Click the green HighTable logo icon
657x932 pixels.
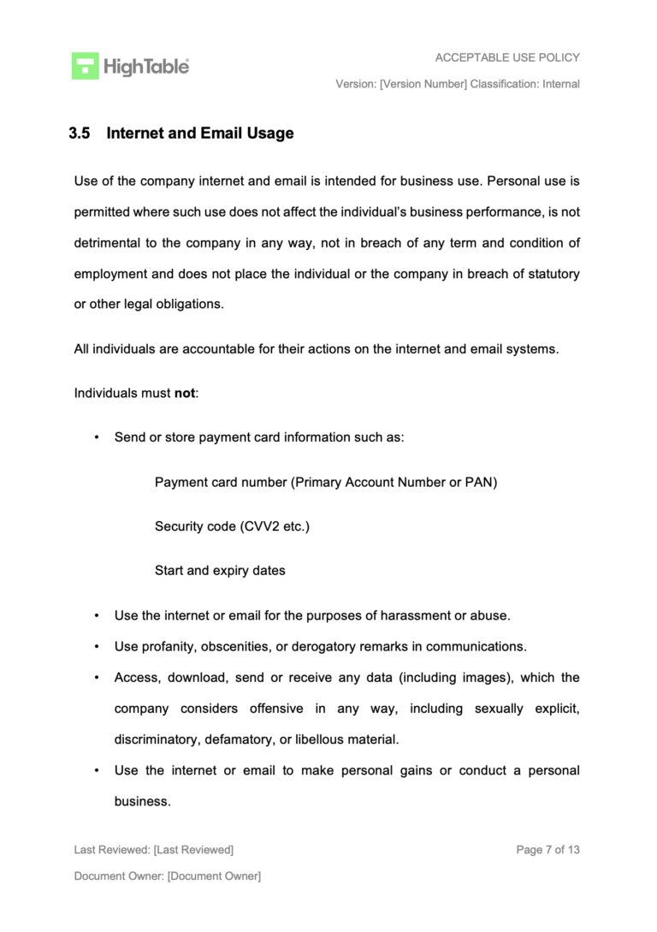tap(85, 66)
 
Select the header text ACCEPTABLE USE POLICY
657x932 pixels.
tap(507, 57)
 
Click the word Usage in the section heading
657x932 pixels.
tap(269, 134)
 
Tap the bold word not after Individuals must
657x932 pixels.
tap(185, 394)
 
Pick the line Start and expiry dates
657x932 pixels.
tap(220, 571)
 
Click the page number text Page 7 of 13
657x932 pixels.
tap(548, 850)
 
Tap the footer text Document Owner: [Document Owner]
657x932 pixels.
tap(168, 876)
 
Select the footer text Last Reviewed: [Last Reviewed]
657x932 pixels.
tap(154, 850)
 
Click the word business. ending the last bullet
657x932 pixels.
tap(142, 801)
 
